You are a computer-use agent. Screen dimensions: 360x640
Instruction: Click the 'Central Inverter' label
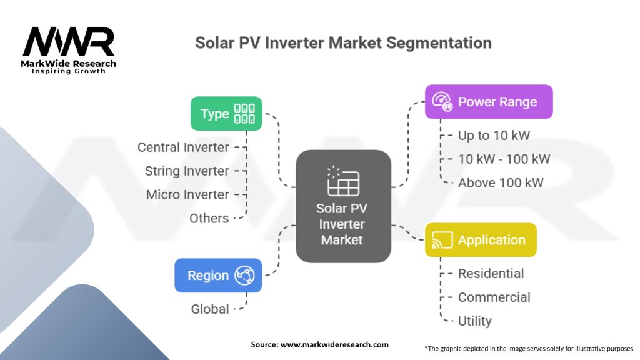pyautogui.click(x=183, y=147)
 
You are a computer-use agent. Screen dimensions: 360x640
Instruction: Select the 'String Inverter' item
pyautogui.click(x=187, y=171)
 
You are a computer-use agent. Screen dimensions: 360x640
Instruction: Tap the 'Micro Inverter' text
pyautogui.click(x=187, y=195)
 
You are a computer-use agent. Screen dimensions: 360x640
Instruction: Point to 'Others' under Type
pyautogui.click(x=209, y=218)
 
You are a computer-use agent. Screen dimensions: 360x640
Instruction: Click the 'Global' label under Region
pyautogui.click(x=210, y=309)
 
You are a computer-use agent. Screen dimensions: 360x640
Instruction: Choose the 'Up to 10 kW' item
pyautogui.click(x=494, y=135)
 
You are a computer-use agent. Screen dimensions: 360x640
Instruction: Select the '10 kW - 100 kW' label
pyautogui.click(x=504, y=159)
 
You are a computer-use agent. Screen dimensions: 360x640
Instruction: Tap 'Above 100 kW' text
pyautogui.click(x=501, y=183)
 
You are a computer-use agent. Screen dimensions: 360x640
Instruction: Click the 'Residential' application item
pyautogui.click(x=491, y=274)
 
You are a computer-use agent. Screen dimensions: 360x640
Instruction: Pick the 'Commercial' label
pyautogui.click(x=494, y=297)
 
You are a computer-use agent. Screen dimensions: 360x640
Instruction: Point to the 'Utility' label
pyautogui.click(x=474, y=321)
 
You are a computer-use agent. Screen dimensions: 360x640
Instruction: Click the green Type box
pyautogui.click(x=226, y=114)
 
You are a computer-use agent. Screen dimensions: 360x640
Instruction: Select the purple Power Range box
pyautogui.click(x=489, y=102)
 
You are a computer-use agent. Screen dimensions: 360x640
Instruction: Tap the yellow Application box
pyautogui.click(x=481, y=240)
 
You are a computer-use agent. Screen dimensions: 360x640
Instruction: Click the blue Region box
pyautogui.click(x=218, y=276)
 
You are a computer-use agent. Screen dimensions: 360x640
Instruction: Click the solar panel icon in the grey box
pyautogui.click(x=343, y=181)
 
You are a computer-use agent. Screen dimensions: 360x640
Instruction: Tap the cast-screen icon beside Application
pyautogui.click(x=441, y=240)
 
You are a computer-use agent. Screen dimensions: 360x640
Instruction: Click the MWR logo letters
pyautogui.click(x=69, y=42)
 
